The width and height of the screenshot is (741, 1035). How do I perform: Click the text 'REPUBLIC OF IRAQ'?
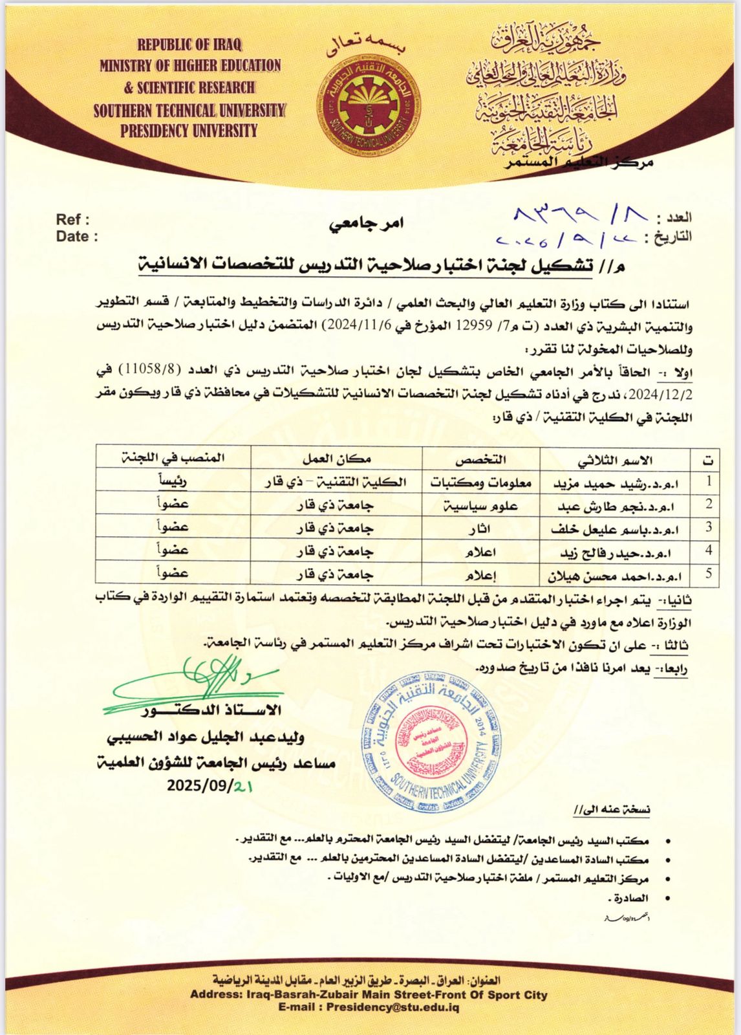(x=189, y=45)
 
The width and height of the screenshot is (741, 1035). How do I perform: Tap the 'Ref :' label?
(x=72, y=220)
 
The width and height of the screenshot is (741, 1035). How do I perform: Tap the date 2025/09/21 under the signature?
(x=209, y=786)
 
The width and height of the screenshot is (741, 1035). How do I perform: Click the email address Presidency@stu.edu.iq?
(x=392, y=1008)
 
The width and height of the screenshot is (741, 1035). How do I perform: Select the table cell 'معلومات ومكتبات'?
(x=481, y=483)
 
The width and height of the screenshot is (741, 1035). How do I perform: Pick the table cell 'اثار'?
(x=481, y=528)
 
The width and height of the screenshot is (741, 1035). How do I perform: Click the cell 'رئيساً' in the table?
(x=173, y=482)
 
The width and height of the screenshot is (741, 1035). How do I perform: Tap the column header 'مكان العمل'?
(x=336, y=460)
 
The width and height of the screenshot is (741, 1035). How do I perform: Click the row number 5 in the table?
(x=709, y=573)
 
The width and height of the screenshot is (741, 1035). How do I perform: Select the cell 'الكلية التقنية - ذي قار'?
(x=336, y=483)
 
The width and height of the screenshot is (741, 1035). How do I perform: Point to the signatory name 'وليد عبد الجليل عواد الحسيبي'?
(x=205, y=737)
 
